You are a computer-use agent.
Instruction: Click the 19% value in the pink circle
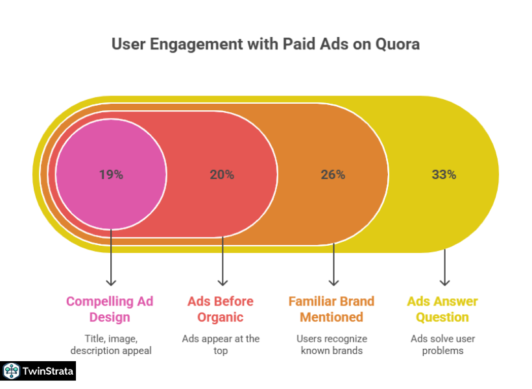coord(111,174)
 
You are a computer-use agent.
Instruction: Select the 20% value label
coord(222,174)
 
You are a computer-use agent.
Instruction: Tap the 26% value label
coord(333,174)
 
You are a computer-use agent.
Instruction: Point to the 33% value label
coord(444,174)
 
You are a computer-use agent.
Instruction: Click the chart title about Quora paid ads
coord(265,44)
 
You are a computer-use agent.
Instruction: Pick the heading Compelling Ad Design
coord(111,309)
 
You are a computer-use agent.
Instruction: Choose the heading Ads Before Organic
coord(221,309)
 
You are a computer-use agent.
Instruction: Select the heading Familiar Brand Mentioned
coord(332,309)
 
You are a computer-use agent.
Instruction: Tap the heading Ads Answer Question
coord(442,309)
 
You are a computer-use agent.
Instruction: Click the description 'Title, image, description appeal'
coord(111,344)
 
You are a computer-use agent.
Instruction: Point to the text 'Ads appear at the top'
coord(221,344)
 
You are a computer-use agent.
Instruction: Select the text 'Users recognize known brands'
coord(332,344)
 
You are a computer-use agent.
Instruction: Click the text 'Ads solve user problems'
coord(442,344)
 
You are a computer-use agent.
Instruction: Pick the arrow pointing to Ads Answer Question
coord(444,267)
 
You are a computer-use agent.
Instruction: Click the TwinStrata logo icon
coord(10,371)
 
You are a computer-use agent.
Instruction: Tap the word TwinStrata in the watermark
coord(47,371)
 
